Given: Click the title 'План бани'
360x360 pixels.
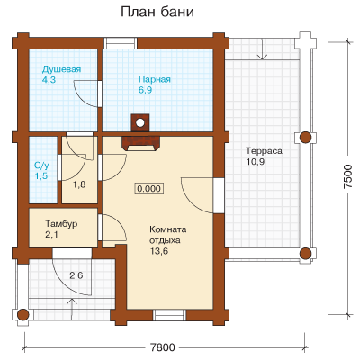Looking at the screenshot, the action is (x=157, y=12).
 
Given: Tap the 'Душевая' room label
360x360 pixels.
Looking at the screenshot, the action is (x=61, y=69).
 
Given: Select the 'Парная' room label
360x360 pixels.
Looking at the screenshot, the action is (x=155, y=79).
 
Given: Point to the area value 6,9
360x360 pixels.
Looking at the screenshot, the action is (x=146, y=90).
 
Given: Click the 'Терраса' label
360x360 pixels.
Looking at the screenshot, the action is (x=264, y=151).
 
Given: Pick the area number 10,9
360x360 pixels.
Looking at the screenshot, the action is (x=256, y=162).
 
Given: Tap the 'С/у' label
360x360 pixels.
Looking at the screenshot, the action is (x=41, y=166).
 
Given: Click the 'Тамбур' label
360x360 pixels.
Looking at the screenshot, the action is (x=61, y=224).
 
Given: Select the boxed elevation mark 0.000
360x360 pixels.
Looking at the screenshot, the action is (x=148, y=189).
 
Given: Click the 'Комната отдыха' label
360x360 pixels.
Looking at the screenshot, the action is (x=168, y=235).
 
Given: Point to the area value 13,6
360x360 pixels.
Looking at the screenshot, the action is (x=159, y=251).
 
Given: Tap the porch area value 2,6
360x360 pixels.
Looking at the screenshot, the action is (x=76, y=275).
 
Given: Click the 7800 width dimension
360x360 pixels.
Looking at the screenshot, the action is (x=162, y=347).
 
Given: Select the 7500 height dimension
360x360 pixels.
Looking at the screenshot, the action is (x=348, y=176).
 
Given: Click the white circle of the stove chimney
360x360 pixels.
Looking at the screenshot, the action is (x=139, y=122).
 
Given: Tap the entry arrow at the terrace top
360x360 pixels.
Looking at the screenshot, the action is (x=263, y=49).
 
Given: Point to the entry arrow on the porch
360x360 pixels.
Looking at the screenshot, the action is (x=72, y=310).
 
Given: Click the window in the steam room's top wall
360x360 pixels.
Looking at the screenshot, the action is (x=121, y=43).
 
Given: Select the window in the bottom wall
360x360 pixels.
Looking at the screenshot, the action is (x=169, y=316).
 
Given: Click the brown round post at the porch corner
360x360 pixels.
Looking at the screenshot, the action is (x=22, y=315).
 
